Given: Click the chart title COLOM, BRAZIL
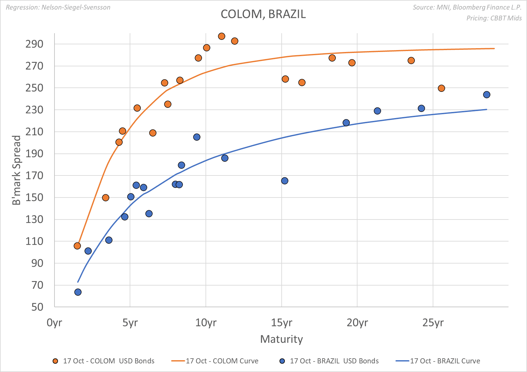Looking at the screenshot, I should coord(263,14).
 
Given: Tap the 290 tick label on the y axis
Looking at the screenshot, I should coord(34,44).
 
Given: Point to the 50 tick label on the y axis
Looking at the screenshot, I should coord(37,307).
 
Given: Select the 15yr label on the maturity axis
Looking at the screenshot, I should coord(281,323).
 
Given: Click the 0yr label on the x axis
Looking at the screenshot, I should coord(54,323).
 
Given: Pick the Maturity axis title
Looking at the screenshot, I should coord(281,339).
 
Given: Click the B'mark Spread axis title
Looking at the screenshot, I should coord(17,170).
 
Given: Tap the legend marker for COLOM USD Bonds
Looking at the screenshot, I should coord(55,361).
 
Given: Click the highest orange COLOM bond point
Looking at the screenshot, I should coord(222,36).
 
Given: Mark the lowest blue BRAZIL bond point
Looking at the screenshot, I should coord(78,292).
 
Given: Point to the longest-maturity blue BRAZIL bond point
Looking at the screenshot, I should coord(487,95).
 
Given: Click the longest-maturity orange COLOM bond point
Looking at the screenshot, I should coord(441,88).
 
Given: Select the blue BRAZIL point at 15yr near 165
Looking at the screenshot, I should coord(285,181).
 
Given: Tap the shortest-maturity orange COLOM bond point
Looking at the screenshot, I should coord(77,246).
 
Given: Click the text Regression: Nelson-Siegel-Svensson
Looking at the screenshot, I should coord(58,7).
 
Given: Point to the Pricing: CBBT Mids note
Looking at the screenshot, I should coord(494,18).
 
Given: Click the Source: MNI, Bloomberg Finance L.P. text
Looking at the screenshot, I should coord(467,7).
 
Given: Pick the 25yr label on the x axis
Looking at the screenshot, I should coord(433,323).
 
